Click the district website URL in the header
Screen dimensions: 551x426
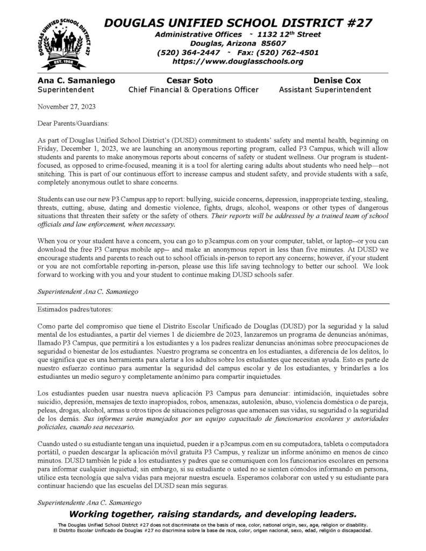pos(238,61)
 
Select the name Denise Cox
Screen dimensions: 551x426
pos(337,80)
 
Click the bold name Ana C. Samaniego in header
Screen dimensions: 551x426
pos(76,80)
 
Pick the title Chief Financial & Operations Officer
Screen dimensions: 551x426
pos(193,90)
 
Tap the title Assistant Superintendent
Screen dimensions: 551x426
pos(325,90)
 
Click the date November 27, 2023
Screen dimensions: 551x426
pos(66,107)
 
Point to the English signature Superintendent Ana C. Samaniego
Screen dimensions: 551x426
pos(88,292)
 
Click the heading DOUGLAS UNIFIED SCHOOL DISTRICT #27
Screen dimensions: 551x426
pos(238,23)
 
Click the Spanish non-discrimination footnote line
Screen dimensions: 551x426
pos(213,531)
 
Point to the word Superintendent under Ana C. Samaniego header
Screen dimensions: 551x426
pos(66,90)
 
